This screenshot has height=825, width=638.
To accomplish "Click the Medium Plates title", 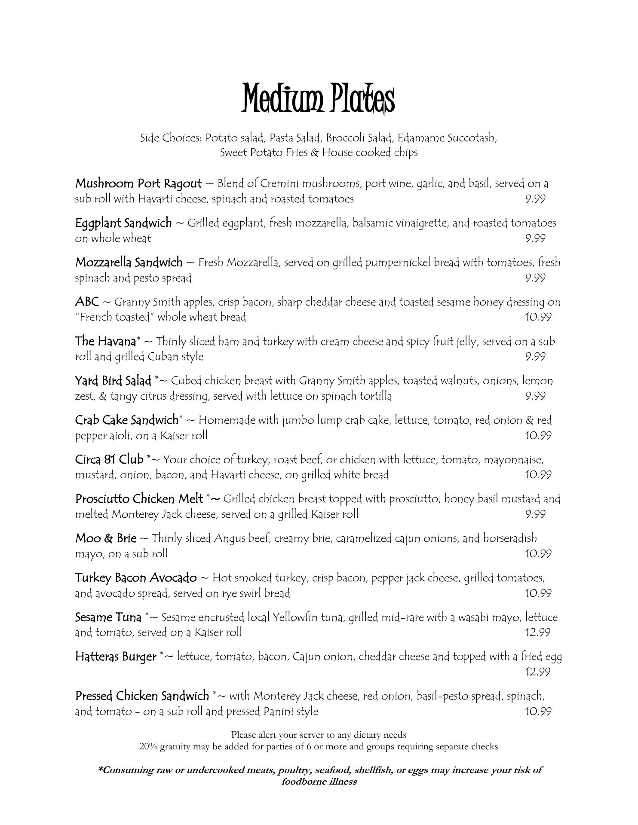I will click(318, 98).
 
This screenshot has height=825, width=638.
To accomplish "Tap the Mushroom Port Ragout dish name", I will click(138, 183).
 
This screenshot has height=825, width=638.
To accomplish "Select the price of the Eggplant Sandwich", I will click(535, 238).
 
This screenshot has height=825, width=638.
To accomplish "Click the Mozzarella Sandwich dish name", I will click(129, 262).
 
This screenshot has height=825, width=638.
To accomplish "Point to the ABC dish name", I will click(87, 302).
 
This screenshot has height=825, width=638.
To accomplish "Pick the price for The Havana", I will click(535, 357).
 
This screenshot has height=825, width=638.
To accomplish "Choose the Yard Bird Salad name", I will click(113, 381).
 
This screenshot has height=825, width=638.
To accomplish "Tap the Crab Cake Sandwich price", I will click(538, 436).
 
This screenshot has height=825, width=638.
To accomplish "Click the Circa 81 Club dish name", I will click(109, 459).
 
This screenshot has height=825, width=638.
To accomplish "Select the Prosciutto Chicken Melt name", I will click(139, 499).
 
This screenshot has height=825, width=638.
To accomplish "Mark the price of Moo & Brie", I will click(538, 554).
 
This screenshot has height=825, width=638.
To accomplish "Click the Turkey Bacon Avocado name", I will click(136, 578).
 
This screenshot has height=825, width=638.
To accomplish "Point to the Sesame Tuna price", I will click(538, 632).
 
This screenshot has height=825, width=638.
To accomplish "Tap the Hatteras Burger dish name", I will click(116, 657).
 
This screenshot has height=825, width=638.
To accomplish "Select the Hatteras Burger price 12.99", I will click(538, 672).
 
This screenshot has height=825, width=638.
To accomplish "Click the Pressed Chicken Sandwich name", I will click(142, 696).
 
